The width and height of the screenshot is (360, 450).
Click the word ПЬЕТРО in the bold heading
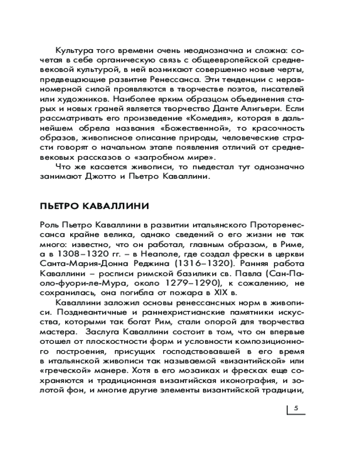point(60,207)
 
